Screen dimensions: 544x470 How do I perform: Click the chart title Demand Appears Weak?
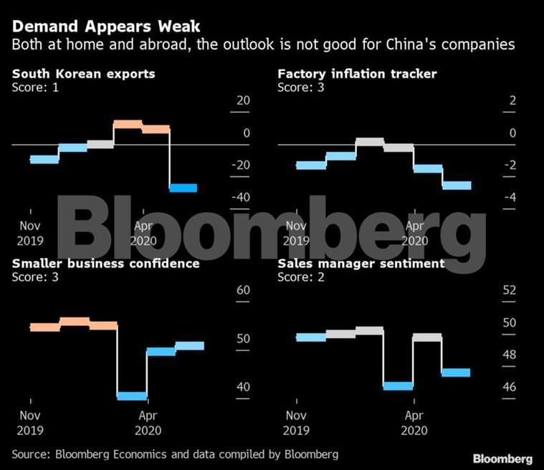[106, 27]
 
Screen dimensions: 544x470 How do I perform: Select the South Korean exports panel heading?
[84, 74]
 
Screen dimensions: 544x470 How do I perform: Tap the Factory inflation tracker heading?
[358, 74]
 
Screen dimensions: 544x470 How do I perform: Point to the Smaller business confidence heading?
[106, 264]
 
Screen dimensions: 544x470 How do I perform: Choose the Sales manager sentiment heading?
[361, 264]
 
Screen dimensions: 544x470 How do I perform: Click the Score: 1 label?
[35, 87]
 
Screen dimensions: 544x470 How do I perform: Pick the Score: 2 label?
[301, 277]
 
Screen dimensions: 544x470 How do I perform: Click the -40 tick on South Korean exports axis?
[241, 197]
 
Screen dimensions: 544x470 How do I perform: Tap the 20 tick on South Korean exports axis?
[244, 100]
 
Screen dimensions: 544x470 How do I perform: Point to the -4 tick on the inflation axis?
[510, 197]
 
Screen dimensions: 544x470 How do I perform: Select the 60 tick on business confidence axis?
[243, 290]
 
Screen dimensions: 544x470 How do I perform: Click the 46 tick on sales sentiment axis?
[510, 387]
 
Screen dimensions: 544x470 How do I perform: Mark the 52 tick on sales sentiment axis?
[510, 290]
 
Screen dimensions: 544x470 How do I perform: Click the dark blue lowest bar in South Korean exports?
[183, 188]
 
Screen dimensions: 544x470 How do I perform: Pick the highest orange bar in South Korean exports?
[128, 124]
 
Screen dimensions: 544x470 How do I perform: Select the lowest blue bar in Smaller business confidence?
[132, 395]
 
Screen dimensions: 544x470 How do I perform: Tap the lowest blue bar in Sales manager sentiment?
[399, 385]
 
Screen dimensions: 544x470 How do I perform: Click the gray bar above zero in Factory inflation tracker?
[370, 142]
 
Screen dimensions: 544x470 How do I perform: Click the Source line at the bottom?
[175, 454]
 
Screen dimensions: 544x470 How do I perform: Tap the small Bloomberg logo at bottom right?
[502, 459]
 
